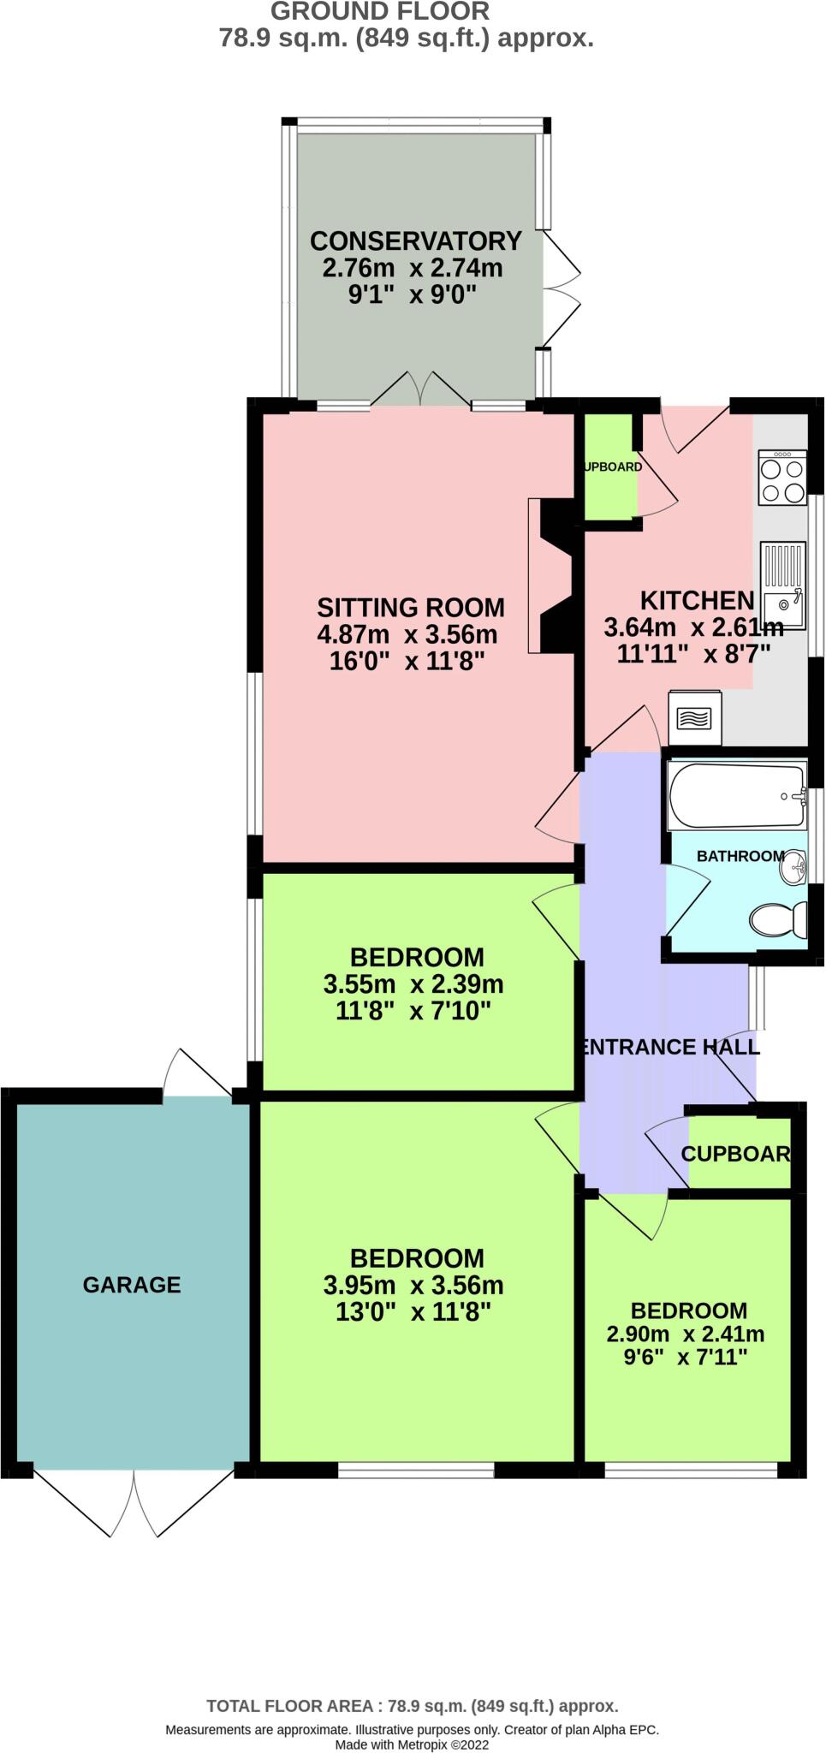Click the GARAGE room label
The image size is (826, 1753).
click(132, 1285)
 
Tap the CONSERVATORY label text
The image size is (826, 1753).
click(415, 241)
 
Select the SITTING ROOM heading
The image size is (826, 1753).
click(411, 608)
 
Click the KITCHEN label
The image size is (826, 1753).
click(697, 600)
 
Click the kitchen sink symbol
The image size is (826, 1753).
click(782, 585)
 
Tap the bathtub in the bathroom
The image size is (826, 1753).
click(737, 796)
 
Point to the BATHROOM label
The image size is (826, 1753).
click(740, 856)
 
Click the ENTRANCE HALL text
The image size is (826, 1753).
click(669, 1047)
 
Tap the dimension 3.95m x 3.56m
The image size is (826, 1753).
click(413, 1285)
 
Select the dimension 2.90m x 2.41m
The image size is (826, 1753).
click(685, 1334)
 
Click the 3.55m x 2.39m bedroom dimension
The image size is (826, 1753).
click(413, 984)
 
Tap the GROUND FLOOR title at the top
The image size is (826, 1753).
click(380, 12)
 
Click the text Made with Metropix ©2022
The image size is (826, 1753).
click(412, 1744)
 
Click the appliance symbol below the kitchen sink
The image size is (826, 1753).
click(694, 718)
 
